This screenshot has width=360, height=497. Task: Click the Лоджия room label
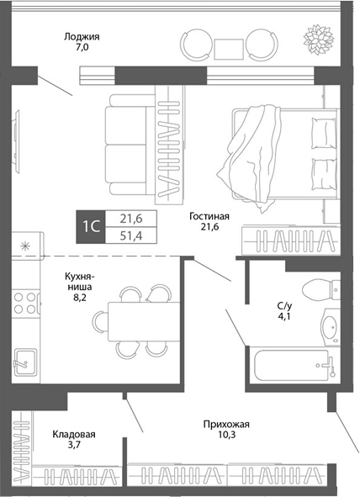(x=82, y=43)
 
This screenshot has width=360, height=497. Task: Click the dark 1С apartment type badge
(x=92, y=227)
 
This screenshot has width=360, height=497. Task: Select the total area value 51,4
(x=130, y=236)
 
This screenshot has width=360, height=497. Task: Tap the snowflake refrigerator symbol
(x=24, y=246)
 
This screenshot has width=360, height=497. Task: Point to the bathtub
(x=290, y=364)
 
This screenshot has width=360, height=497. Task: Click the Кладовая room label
(x=74, y=440)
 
